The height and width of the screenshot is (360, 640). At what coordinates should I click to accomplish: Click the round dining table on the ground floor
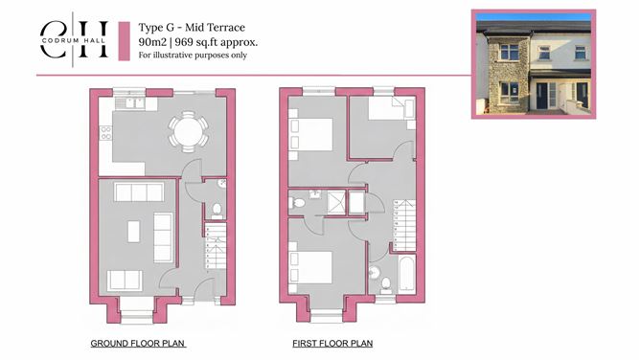click(186, 132)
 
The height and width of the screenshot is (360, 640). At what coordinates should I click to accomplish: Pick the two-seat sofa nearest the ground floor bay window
click(125, 280)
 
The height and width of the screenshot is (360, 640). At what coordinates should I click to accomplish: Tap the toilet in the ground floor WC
click(217, 210)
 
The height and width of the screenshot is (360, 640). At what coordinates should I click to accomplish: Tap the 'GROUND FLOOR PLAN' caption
click(137, 342)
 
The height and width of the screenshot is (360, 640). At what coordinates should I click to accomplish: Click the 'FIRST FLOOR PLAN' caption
click(332, 342)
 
